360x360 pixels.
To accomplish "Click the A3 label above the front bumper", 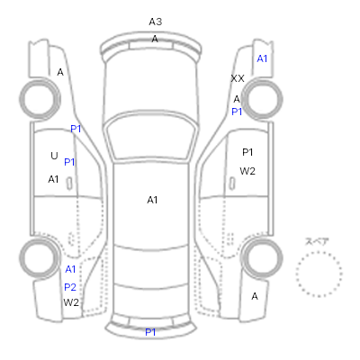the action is click(x=156, y=22).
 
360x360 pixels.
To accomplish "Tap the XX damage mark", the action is click(x=238, y=78).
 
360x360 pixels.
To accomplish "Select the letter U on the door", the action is click(x=54, y=156).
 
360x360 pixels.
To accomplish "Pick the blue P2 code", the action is click(x=70, y=287).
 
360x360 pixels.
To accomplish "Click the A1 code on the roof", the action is click(x=152, y=200).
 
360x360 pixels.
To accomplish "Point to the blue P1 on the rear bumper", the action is click(x=150, y=332).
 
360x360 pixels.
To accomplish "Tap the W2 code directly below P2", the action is click(x=71, y=302).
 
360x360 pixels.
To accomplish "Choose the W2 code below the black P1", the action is click(x=247, y=171).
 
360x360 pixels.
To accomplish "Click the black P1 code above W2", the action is click(x=247, y=152).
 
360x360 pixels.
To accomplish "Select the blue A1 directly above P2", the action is click(x=70, y=269).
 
